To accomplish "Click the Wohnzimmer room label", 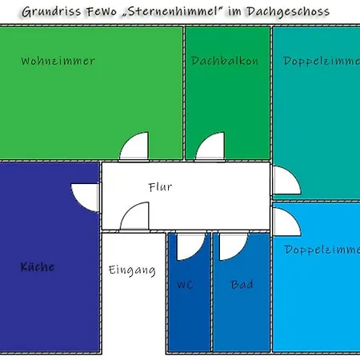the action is [x=58, y=61].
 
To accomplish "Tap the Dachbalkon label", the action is [x=225, y=61].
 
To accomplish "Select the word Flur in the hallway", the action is [x=160, y=187].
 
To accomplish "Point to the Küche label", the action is [x=38, y=266].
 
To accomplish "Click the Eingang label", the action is [x=132, y=270].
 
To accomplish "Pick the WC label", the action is [x=185, y=285].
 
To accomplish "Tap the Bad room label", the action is [x=242, y=284].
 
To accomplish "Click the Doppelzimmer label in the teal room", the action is [x=321, y=62].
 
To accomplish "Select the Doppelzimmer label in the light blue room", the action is [x=322, y=250].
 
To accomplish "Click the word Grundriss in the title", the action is [x=51, y=12].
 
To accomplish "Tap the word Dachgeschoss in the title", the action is [x=288, y=12].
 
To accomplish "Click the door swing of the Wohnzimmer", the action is [x=134, y=146].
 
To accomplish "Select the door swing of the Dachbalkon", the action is [x=210, y=146].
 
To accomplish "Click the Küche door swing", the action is [x=86, y=198].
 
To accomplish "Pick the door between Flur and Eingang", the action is [x=134, y=216].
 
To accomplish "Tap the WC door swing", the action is [x=191, y=246].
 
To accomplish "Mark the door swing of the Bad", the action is [x=234, y=246].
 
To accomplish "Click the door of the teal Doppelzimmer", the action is [x=286, y=180].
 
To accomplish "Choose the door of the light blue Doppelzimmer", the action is [x=286, y=222].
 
